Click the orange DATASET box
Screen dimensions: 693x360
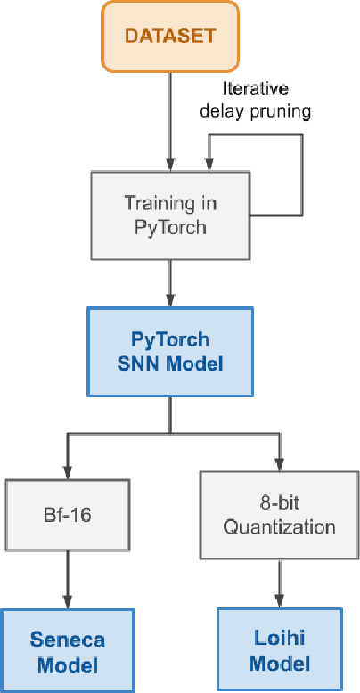point(169,36)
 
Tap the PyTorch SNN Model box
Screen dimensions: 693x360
point(169,352)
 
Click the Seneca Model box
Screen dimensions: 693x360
point(68,651)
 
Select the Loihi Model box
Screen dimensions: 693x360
point(279,651)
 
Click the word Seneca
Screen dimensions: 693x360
point(68,640)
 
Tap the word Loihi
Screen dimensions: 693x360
point(279,640)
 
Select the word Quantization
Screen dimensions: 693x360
point(279,526)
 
